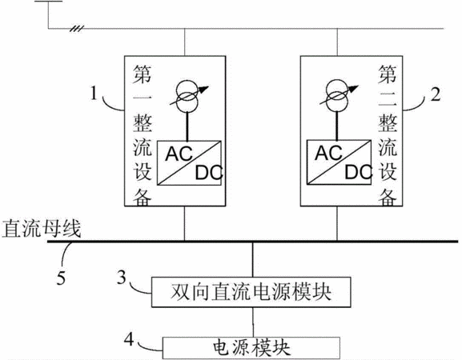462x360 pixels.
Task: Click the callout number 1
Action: (x=94, y=94)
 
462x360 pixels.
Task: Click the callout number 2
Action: (x=436, y=94)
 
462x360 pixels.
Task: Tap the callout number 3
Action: (x=122, y=277)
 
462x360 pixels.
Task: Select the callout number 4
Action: (x=128, y=339)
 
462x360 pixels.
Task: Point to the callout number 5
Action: (x=61, y=278)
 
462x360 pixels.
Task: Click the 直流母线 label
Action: (x=42, y=229)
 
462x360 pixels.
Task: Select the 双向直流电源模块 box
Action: (x=251, y=292)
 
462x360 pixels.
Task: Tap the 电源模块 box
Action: (x=251, y=348)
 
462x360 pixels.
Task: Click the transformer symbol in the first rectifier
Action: (x=189, y=96)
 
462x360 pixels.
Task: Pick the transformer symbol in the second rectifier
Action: (x=338, y=95)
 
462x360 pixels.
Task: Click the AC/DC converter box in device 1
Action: (x=189, y=162)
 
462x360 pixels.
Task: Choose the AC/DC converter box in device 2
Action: (x=339, y=162)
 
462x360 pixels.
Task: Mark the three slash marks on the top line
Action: (x=77, y=29)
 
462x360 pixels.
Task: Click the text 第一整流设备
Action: (x=143, y=135)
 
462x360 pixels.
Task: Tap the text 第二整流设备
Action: (x=388, y=135)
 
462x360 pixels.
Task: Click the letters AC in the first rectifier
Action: (x=179, y=154)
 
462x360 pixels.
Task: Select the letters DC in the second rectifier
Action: (x=358, y=172)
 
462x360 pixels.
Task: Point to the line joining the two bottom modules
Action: (x=253, y=322)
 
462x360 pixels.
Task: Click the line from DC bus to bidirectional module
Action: (x=252, y=259)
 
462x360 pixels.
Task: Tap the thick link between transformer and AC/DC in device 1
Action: (x=187, y=126)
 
